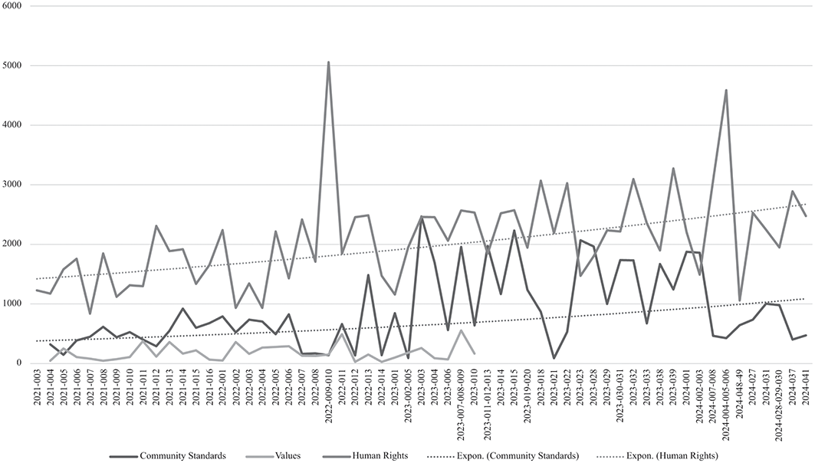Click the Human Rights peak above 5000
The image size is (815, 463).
click(x=328, y=62)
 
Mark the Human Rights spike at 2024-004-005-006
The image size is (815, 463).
click(x=725, y=90)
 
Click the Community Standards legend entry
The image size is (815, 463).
click(x=168, y=456)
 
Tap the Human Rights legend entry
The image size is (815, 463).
click(x=366, y=456)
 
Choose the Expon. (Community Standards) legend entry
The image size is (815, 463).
click(x=503, y=456)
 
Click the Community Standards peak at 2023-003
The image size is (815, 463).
click(x=421, y=218)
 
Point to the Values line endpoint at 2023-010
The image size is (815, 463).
click(x=474, y=353)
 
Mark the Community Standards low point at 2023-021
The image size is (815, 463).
click(x=554, y=358)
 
